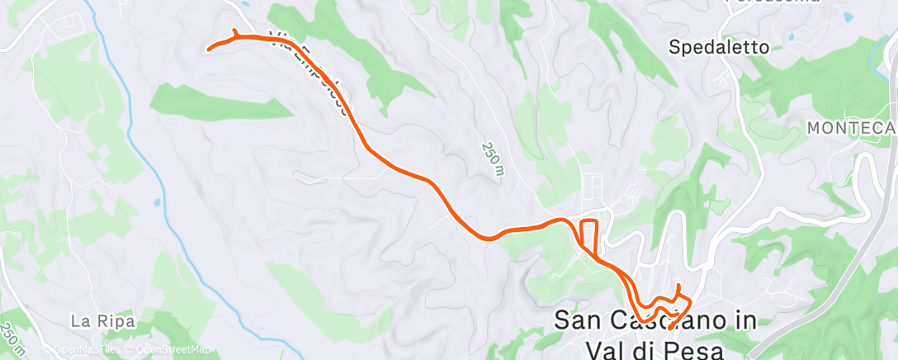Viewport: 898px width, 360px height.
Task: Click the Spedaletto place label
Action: (719, 47)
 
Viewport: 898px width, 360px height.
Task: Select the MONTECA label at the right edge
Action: (850, 127)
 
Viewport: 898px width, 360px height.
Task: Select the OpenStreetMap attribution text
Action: (168, 349)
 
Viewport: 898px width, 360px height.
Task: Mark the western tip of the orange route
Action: (207, 50)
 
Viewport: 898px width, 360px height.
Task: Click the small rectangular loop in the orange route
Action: (588, 234)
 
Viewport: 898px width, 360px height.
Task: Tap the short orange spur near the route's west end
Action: (235, 33)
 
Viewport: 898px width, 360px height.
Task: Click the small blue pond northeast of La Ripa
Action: (157, 201)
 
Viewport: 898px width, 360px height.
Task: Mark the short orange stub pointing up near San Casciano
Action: (678, 289)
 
